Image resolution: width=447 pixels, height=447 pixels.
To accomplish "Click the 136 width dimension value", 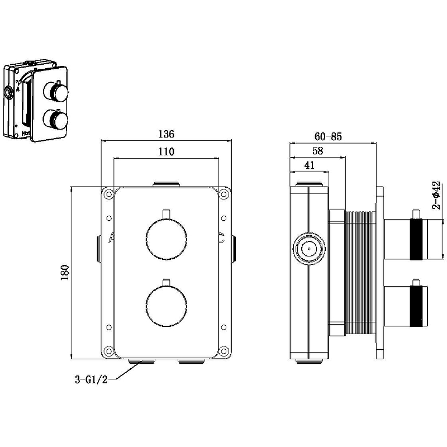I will point(167,134).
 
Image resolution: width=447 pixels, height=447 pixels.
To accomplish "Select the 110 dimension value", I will point(167,151).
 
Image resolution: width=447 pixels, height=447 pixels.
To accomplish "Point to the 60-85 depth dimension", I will point(327,136).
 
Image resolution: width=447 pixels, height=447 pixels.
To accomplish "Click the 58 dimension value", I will point(318,151).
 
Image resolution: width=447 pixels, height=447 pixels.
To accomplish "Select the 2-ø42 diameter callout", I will point(437,194).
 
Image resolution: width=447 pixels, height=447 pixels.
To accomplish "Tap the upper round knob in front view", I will point(165,240).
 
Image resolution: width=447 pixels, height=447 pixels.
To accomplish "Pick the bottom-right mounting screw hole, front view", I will point(223,351).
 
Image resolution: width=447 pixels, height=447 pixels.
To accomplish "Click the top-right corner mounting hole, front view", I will point(223,194).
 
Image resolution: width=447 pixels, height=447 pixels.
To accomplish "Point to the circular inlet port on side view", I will point(307,248).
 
